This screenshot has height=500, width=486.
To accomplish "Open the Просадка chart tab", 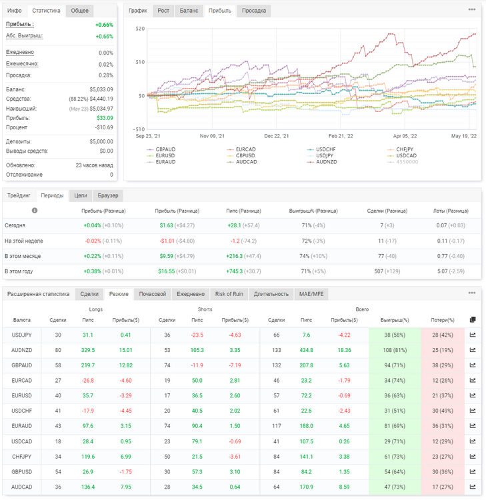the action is (x=253, y=11).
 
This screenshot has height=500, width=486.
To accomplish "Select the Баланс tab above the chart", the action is (x=189, y=11).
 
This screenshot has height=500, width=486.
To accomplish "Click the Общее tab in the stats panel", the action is (x=80, y=11).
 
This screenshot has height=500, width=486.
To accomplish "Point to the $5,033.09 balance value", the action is (x=101, y=89).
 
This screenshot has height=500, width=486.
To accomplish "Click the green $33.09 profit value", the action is (x=105, y=118).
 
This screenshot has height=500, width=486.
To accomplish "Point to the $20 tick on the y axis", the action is (x=140, y=29).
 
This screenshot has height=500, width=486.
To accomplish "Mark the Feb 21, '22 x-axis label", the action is (x=341, y=136).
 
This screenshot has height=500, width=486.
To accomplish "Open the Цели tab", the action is (x=81, y=195).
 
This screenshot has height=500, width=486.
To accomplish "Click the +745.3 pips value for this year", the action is (x=235, y=271).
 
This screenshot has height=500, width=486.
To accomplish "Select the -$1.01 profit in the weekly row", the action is (x=167, y=241).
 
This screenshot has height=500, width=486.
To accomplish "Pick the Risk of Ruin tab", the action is (x=229, y=294).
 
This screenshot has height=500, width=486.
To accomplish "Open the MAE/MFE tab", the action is (x=311, y=294).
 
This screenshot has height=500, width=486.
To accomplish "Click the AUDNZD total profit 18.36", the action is (x=345, y=350).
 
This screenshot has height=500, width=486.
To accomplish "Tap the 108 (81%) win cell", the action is (x=395, y=350).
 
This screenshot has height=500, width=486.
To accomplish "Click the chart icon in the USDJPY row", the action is (x=473, y=335).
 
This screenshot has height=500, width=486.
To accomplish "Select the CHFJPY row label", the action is (x=22, y=457).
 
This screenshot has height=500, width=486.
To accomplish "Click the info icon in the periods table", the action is (x=35, y=211).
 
